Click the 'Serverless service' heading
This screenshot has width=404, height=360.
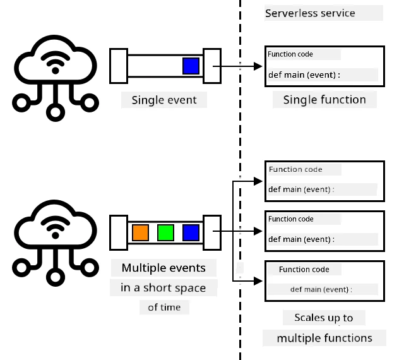click(x=310, y=13)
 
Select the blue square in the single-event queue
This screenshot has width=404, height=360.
click(x=191, y=66)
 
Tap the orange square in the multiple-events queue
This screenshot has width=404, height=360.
click(x=140, y=232)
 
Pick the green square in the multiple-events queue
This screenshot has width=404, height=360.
click(x=165, y=232)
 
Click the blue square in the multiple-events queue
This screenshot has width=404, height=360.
click(x=191, y=232)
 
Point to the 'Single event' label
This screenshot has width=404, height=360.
click(x=164, y=100)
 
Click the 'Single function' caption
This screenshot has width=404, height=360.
click(x=324, y=100)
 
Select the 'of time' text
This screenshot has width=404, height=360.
click(x=164, y=308)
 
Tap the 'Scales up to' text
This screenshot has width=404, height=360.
click(x=324, y=318)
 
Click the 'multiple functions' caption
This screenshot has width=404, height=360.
click(x=324, y=338)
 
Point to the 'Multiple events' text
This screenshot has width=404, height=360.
click(x=163, y=268)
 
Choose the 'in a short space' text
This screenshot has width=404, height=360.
click(x=163, y=288)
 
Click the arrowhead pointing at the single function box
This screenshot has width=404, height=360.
click(x=258, y=66)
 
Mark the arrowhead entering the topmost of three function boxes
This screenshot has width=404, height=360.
click(x=258, y=181)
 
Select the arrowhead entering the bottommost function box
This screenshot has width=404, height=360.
click(x=258, y=281)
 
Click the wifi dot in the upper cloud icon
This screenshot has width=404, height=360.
click(x=56, y=70)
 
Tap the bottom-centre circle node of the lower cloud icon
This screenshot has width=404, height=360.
click(x=56, y=277)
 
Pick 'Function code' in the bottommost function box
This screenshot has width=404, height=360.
click(x=304, y=270)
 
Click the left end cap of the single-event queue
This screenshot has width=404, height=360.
click(x=119, y=66)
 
